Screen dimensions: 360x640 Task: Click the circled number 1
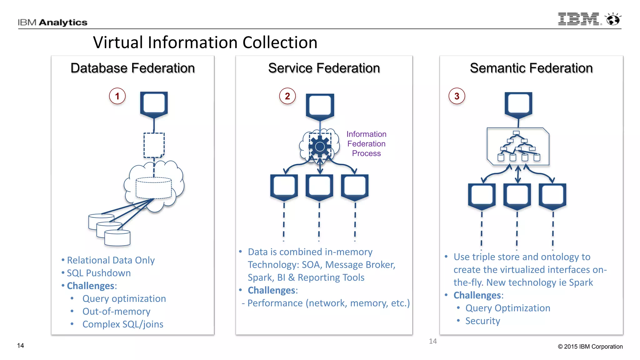pos(117,96)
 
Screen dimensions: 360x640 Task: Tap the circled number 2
pos(287,96)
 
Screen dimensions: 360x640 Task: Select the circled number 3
pos(457,96)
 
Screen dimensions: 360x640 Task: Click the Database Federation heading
pos(132,68)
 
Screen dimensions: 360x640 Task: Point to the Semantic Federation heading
pos(531,68)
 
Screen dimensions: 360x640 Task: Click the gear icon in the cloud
pos(320,147)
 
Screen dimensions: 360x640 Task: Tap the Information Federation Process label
pos(366,144)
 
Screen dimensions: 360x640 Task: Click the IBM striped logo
pos(578,19)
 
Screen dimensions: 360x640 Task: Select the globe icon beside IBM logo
pos(613,19)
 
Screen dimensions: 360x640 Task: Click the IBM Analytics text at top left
pos(52,22)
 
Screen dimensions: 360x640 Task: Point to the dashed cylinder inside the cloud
pos(153,188)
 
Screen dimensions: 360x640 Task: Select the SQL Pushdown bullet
pos(99,273)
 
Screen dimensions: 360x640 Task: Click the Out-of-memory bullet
pos(116,312)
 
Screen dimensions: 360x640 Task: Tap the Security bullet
pos(482,321)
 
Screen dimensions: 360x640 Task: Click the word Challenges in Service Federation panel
pos(272,290)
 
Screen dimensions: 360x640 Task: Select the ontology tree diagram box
pos(518,146)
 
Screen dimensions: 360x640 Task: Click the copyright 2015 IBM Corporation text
pos(590,347)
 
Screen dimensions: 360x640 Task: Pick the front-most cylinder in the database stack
pos(117,238)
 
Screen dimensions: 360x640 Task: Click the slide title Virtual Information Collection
pos(205,42)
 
